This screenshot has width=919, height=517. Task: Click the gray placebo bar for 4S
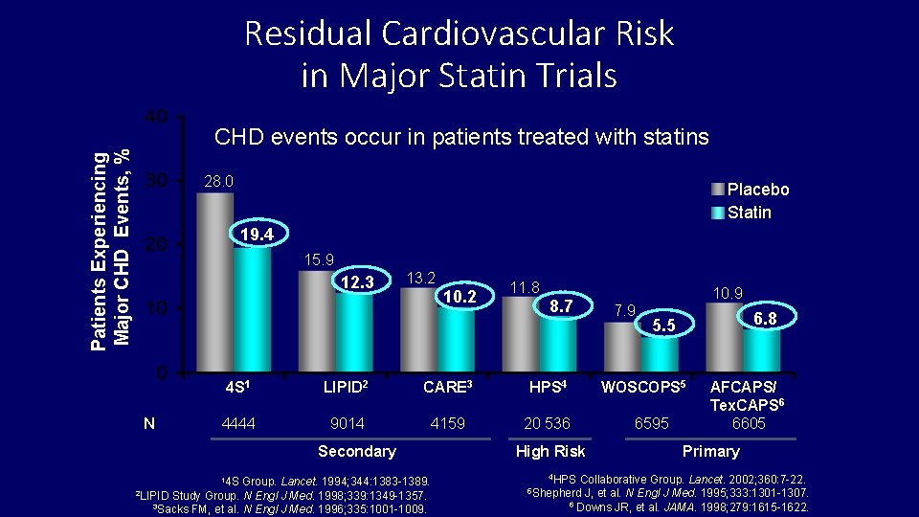pyautogui.click(x=214, y=281)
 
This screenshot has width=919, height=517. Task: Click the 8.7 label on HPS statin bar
pyautogui.click(x=562, y=305)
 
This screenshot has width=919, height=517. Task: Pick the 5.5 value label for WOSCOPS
pyautogui.click(x=663, y=326)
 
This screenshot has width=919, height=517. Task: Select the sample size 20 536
pyautogui.click(x=548, y=423)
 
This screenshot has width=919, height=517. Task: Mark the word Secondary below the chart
pyautogui.click(x=356, y=451)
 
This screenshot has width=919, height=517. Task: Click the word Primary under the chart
pyautogui.click(x=710, y=451)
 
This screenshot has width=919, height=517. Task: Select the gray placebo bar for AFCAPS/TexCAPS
pyautogui.click(x=724, y=336)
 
